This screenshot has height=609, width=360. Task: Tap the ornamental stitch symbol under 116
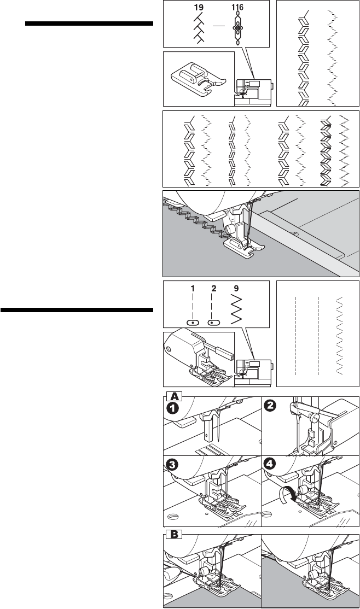tap(238, 28)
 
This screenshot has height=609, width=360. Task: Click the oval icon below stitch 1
tap(193, 323)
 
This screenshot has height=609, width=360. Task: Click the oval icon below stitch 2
tap(214, 323)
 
